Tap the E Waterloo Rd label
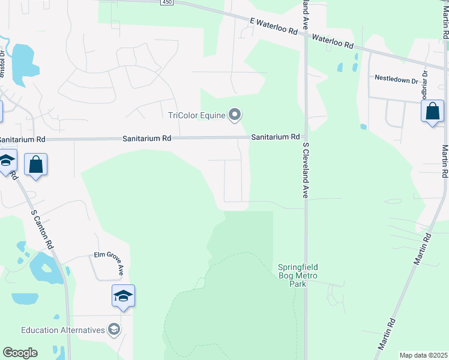pyautogui.click(x=274, y=26)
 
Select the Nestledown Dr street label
pyautogui.click(x=396, y=78)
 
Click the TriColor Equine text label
pyautogui.click(x=196, y=115)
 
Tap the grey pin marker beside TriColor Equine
pyautogui.click(x=235, y=114)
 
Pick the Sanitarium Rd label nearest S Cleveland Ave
pyautogui.click(x=275, y=137)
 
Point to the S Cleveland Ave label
pyautogui.click(x=306, y=170)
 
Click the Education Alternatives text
pyautogui.click(x=62, y=330)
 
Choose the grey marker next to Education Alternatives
pyautogui.click(x=114, y=329)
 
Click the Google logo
pyautogui.click(x=20, y=353)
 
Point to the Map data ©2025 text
pyautogui.click(x=424, y=355)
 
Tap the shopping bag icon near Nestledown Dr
pyautogui.click(x=432, y=112)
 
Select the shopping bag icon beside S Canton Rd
pyautogui.click(x=36, y=164)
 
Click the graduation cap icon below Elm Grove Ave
pyautogui.click(x=123, y=296)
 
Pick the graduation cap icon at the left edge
pyautogui.click(x=7, y=161)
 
